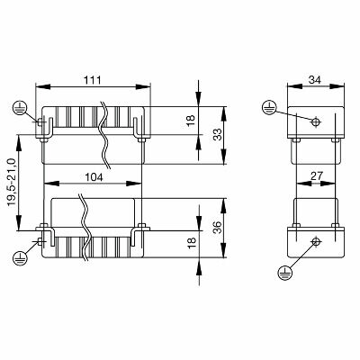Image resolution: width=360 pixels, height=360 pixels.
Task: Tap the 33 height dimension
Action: point(217,135)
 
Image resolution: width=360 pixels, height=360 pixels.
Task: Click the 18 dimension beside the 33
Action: point(190,120)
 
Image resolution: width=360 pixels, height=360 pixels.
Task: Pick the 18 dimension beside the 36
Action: point(190,244)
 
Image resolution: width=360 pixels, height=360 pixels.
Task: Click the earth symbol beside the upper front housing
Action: point(19,107)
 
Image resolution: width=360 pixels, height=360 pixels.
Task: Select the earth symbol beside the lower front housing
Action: point(19,258)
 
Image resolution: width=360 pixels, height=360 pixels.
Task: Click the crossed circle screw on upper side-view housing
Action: point(314,121)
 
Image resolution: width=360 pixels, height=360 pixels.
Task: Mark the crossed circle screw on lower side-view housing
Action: point(314,242)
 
